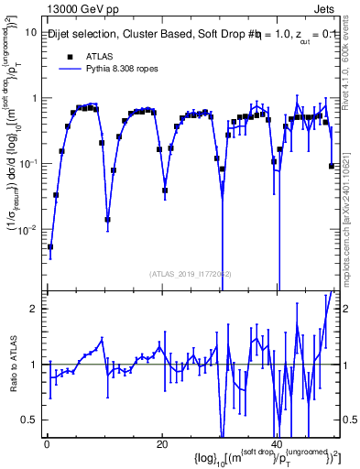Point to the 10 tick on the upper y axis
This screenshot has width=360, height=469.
pos(30,32)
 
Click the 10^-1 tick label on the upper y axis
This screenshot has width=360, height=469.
pos(27,163)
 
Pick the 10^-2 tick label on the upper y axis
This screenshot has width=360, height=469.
pos(27,229)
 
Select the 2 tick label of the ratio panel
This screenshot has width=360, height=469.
pos(34,309)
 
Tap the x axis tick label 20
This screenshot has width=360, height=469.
pos(161,445)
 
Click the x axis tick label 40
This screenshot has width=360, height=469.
pos(276,445)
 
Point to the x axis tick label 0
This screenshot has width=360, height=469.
pos(47,445)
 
